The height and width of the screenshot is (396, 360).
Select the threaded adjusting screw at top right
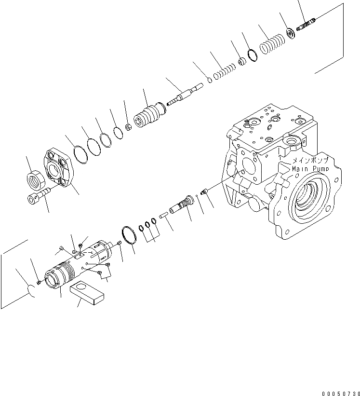(x=307, y=24)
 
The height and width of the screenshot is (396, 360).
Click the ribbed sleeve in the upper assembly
(x=151, y=118)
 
